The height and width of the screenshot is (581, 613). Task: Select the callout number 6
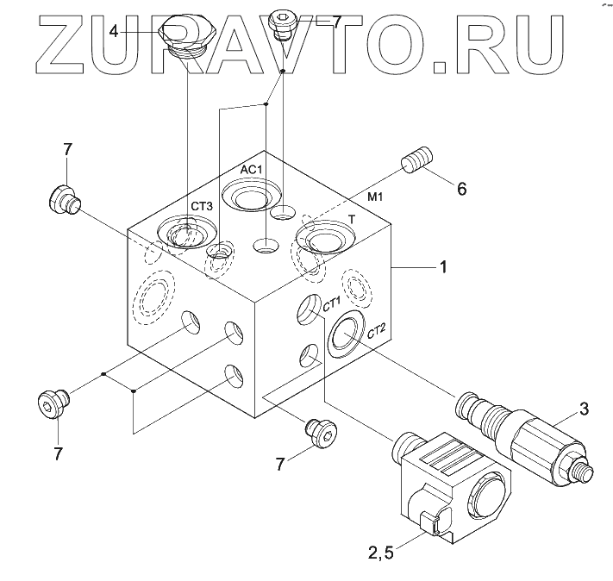pyautogui.click(x=462, y=188)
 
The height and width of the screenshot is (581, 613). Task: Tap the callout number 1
pyautogui.click(x=443, y=267)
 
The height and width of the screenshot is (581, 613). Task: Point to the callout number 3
pyautogui.click(x=584, y=407)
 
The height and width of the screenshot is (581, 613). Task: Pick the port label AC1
pyautogui.click(x=251, y=170)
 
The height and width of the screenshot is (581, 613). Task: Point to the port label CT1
pyautogui.click(x=332, y=304)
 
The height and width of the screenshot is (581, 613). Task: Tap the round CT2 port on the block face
pyautogui.click(x=346, y=336)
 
